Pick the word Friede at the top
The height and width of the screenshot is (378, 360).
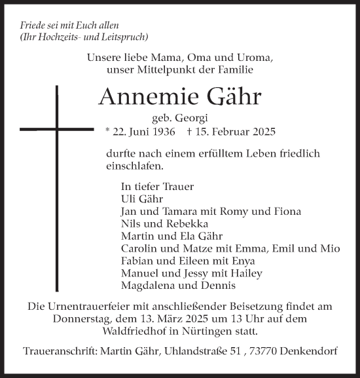tap(31, 24)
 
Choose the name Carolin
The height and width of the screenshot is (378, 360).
tap(138, 248)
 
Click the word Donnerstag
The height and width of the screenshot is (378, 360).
tap(69, 318)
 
